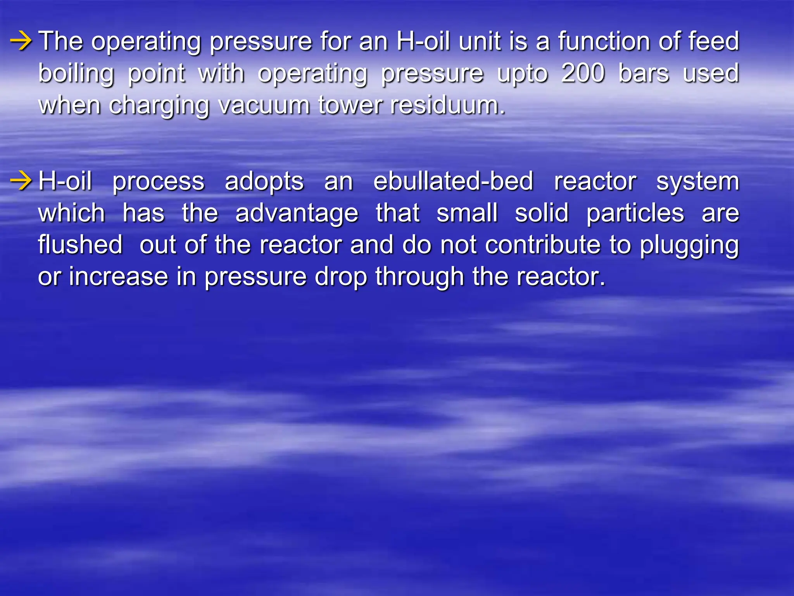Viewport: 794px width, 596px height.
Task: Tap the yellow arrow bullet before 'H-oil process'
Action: coord(21,181)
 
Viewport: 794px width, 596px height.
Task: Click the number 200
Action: coord(583,73)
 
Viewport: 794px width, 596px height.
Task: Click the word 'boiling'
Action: coord(76,74)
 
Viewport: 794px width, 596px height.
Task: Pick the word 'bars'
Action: coord(644,73)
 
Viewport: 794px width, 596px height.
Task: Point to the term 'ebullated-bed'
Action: coord(453,181)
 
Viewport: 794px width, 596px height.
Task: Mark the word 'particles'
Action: coord(635,213)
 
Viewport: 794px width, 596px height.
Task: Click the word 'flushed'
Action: coord(80,244)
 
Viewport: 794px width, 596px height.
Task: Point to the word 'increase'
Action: coord(118,277)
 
